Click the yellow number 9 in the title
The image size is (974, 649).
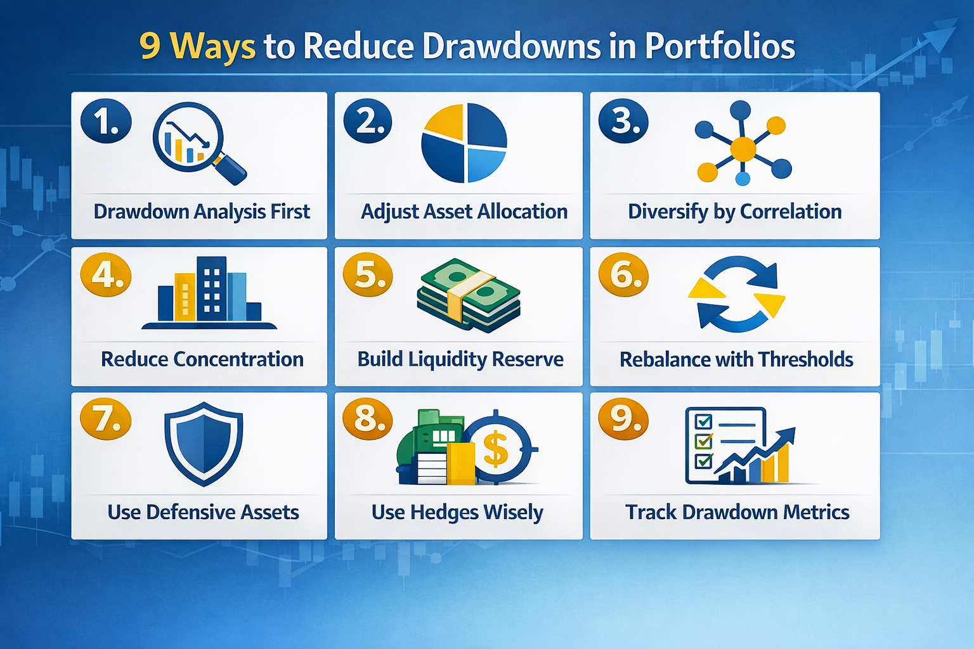[x=150, y=47]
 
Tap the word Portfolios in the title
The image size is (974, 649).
[x=720, y=47]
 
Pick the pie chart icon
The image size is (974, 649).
[x=464, y=143]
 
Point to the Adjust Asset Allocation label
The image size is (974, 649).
[x=464, y=212]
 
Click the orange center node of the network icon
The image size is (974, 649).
[x=743, y=150]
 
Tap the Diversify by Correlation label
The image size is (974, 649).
[x=734, y=212]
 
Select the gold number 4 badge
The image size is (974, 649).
[x=106, y=275]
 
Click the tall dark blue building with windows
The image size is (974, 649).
[x=212, y=288]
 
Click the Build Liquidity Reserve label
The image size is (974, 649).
[x=460, y=359]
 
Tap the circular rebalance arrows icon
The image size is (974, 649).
[x=737, y=294]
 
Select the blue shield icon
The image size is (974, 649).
[x=204, y=444]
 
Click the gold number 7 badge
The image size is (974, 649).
[x=106, y=419]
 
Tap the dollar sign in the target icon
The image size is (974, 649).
[x=496, y=449]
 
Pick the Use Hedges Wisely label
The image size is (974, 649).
[x=457, y=512]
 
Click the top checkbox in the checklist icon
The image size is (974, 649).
[x=704, y=421]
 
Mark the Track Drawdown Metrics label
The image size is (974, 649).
[x=737, y=512]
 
